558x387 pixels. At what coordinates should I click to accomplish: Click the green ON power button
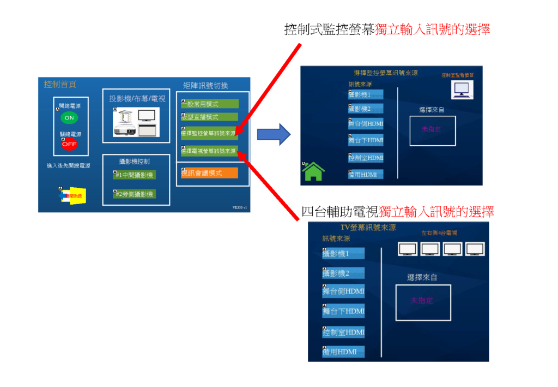coord(69,117)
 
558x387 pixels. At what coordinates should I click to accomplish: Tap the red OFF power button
coord(69,145)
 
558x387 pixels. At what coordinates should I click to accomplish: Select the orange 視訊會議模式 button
coord(210,173)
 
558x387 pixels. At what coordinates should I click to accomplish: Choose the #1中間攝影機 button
coord(134,175)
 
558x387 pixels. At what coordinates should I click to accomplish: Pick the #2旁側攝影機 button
coord(134,194)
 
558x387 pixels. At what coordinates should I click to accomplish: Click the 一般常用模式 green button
coord(210,104)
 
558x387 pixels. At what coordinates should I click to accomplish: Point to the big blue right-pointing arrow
coord(274,134)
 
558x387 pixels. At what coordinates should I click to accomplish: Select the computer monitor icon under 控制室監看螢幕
coord(462,89)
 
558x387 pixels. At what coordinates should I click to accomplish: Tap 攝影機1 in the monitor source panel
coord(366,95)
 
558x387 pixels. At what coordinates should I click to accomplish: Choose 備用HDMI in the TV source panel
coord(343,352)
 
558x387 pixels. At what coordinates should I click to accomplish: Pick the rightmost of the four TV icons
coord(475,249)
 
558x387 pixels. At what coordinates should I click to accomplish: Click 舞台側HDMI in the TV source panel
coord(343,291)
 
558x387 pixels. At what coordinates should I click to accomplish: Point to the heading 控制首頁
coord(60,84)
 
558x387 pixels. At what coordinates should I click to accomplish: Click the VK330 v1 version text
coord(240,207)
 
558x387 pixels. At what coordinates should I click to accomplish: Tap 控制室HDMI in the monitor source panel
coord(366,158)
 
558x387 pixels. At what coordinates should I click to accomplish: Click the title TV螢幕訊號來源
coord(368,227)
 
